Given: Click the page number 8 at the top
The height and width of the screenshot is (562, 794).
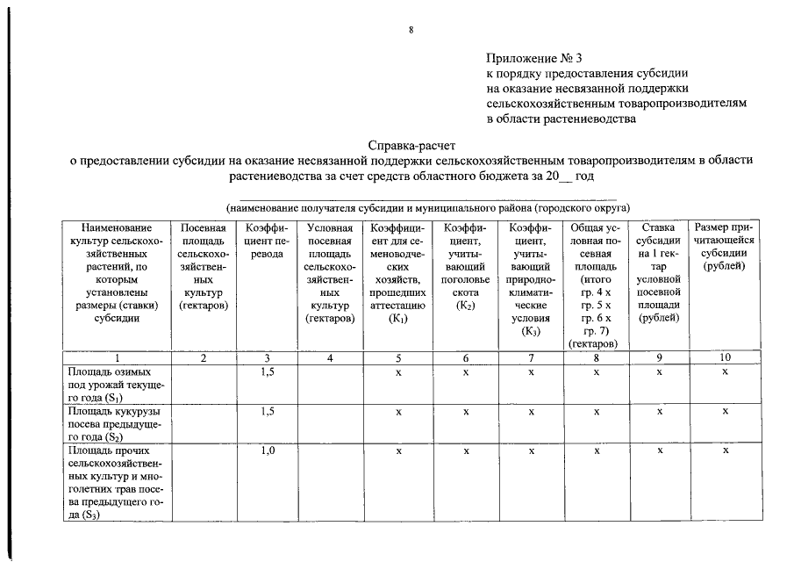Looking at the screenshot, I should coord(411,31).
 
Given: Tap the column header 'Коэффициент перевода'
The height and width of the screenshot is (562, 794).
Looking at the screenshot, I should coord(267,241).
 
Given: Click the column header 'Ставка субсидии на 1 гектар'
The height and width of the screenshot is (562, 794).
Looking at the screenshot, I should coord(659,272).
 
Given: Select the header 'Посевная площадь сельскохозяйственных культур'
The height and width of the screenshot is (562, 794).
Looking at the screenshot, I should coord(204,266).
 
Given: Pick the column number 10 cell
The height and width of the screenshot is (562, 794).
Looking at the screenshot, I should coord(724,357).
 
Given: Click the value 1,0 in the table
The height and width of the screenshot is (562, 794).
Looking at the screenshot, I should coord(268,451).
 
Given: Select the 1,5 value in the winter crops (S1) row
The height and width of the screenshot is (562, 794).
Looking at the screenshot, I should coord(268,372).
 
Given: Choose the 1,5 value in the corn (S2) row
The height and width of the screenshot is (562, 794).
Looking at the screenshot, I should coord(268,411).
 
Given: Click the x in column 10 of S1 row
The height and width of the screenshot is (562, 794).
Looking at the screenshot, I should coord(725,372).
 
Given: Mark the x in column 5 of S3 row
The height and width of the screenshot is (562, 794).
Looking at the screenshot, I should coord(398,451).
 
